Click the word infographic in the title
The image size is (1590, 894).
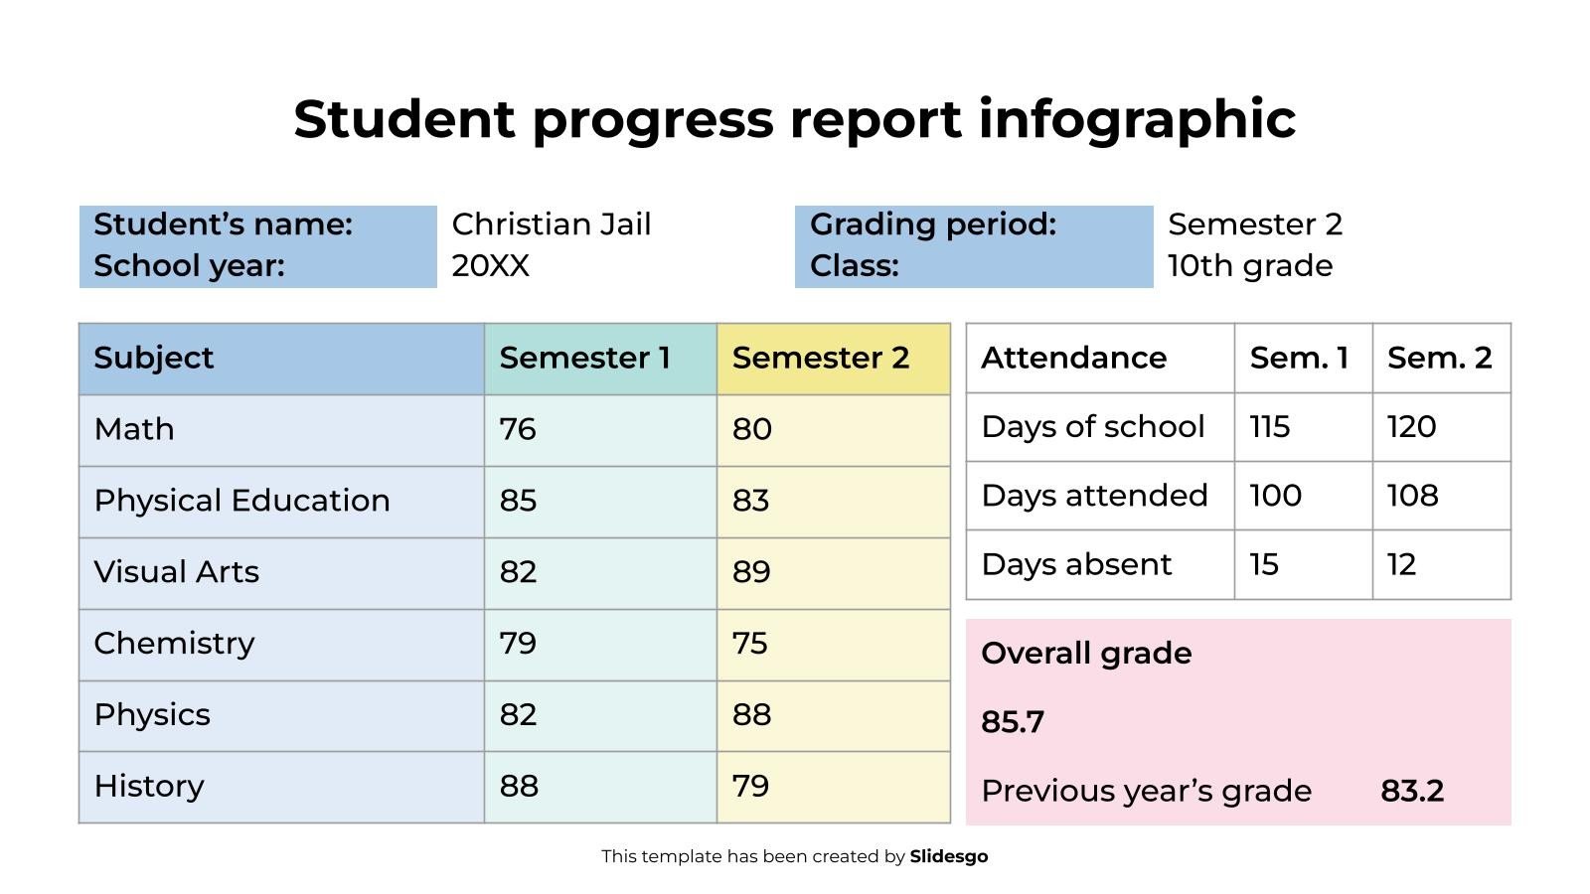pyautogui.click(x=1137, y=120)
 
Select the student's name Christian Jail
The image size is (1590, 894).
pyautogui.click(x=552, y=224)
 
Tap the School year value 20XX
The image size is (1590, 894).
pyautogui.click(x=491, y=266)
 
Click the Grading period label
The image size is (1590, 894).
pyautogui.click(x=932, y=224)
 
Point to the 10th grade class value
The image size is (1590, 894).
pyautogui.click(x=1249, y=266)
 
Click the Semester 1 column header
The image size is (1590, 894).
pyautogui.click(x=584, y=358)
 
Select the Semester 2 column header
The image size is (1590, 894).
pyautogui.click(x=820, y=358)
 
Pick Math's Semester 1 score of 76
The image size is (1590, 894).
pyautogui.click(x=518, y=429)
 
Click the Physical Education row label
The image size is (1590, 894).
pyautogui.click(x=241, y=501)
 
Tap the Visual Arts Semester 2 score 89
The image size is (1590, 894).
pyautogui.click(x=751, y=572)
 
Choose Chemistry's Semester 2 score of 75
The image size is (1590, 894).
pyautogui.click(x=750, y=644)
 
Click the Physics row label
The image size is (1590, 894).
pyautogui.click(x=152, y=715)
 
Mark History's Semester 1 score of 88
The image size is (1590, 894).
pyautogui.click(x=519, y=786)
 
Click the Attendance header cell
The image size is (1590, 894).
pyautogui.click(x=1073, y=358)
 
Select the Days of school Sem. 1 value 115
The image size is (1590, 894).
pyautogui.click(x=1269, y=427)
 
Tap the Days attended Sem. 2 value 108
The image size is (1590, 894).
pyautogui.click(x=1412, y=496)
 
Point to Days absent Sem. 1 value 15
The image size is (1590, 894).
pyautogui.click(x=1263, y=564)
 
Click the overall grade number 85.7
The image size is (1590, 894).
pyautogui.click(x=1012, y=722)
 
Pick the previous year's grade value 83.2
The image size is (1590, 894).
pyautogui.click(x=1411, y=792)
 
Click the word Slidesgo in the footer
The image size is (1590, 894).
pyautogui.click(x=948, y=856)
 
